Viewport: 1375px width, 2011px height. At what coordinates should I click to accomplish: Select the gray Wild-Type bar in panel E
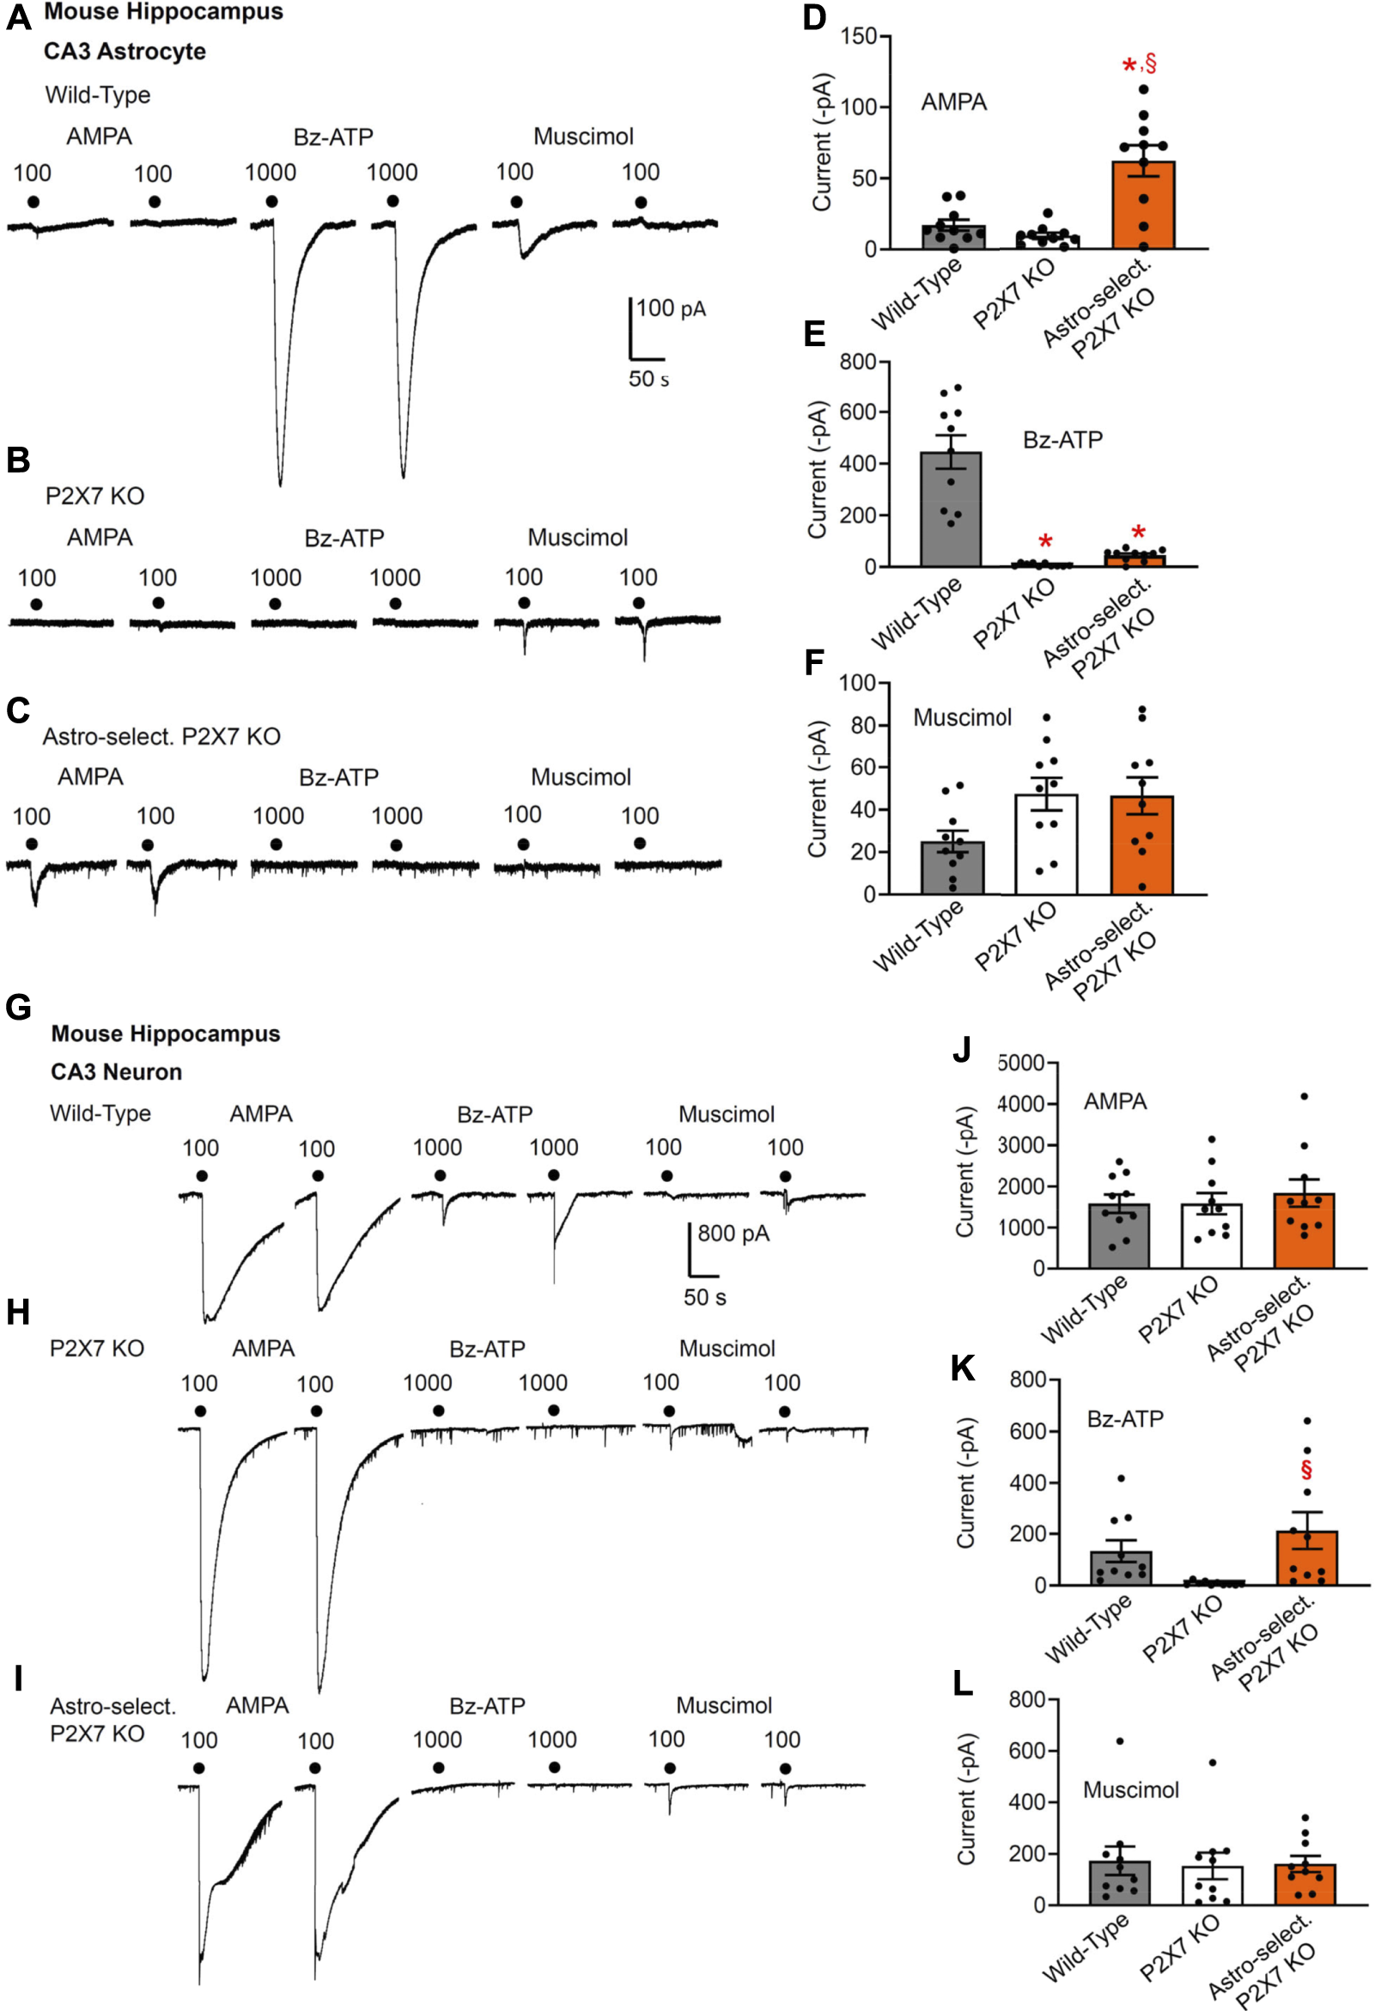(x=950, y=509)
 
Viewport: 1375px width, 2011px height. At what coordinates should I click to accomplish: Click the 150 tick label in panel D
(x=858, y=36)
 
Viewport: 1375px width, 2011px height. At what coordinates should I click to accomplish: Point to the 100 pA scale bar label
(x=671, y=308)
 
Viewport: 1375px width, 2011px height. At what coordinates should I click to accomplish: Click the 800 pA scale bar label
(x=733, y=1233)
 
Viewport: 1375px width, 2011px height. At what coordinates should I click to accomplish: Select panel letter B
(x=18, y=460)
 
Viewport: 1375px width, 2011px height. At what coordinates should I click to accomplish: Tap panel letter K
(x=962, y=1369)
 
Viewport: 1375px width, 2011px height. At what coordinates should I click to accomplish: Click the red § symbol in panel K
(x=1305, y=1469)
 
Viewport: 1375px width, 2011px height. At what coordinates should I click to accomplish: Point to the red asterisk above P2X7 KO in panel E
(x=1045, y=543)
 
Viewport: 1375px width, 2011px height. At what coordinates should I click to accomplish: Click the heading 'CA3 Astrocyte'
(x=125, y=51)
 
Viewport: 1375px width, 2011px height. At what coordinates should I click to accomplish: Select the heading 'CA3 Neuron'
(x=116, y=1071)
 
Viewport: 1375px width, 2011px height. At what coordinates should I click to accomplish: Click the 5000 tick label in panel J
(x=1021, y=1063)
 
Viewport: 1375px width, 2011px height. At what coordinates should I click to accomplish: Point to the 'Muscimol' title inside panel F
(x=962, y=717)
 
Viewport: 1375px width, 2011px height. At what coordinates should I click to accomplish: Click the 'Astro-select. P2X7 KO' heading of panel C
(x=161, y=736)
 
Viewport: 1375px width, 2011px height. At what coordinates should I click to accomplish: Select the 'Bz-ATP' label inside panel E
(x=1062, y=440)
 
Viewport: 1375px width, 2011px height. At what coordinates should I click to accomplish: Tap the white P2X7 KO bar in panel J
(x=1212, y=1236)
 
